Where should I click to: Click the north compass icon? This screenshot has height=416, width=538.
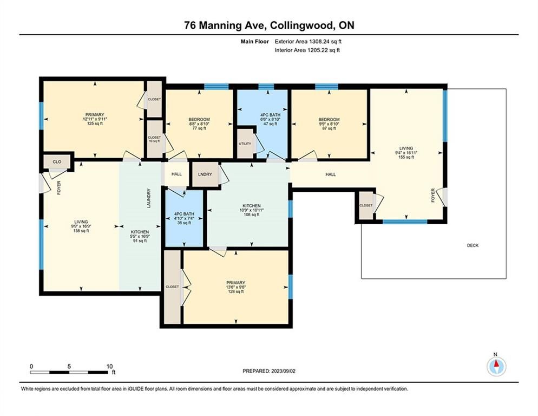click(496, 367)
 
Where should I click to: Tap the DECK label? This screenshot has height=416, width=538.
click(473, 245)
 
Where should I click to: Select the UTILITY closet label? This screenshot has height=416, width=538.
click(245, 144)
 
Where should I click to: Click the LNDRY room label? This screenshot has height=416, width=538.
click(205, 174)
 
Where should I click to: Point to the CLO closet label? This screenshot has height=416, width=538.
click(57, 161)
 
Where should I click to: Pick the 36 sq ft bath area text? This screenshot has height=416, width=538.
click(184, 223)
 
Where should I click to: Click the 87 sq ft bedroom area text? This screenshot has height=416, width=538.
click(329, 128)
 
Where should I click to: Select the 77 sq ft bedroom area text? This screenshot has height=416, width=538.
click(199, 128)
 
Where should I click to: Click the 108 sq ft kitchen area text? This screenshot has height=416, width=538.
click(252, 214)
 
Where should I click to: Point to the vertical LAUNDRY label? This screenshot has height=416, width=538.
click(149, 198)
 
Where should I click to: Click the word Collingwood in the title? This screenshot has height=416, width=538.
click(302, 25)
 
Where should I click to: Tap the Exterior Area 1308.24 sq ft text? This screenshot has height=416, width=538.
click(308, 42)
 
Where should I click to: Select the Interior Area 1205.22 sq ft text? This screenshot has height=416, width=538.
click(307, 50)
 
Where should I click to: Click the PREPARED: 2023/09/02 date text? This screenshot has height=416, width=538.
click(269, 371)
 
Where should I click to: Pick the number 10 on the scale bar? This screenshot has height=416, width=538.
click(109, 367)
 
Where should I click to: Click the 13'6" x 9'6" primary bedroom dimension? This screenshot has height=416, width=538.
click(236, 287)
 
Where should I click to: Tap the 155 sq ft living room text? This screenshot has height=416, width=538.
click(406, 157)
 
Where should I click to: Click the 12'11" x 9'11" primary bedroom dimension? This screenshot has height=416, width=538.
click(95, 119)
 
